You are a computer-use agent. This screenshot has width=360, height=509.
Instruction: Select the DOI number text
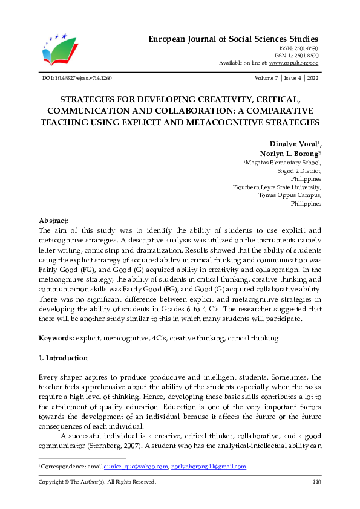pos(76,79)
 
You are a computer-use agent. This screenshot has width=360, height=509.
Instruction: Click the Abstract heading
pos(53,221)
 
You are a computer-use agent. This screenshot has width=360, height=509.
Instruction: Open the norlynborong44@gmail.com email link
pos(209,467)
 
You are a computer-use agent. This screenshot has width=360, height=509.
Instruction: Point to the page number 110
pos(316,482)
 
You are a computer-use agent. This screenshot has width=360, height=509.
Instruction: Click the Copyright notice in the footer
pos(97,482)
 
